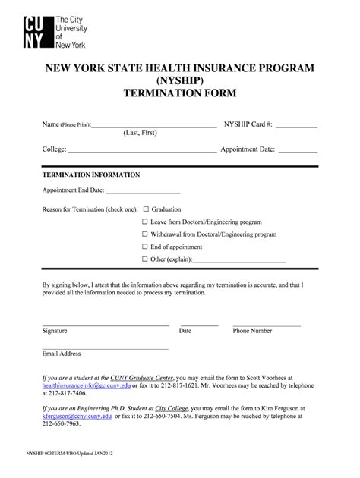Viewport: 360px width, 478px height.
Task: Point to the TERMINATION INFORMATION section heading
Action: pos(90,175)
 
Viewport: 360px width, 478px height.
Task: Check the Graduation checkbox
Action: pos(145,209)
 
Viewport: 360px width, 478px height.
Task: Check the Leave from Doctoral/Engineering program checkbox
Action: pos(145,222)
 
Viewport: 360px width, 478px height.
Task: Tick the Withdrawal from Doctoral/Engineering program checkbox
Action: pos(145,234)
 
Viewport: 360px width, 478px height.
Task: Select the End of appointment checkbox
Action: pos(145,247)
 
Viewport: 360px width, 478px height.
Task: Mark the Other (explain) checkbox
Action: pos(145,260)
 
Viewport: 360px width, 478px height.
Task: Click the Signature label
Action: pos(55,332)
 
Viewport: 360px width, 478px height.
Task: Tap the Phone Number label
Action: pos(252,332)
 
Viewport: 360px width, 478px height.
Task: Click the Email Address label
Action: pos(61,354)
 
